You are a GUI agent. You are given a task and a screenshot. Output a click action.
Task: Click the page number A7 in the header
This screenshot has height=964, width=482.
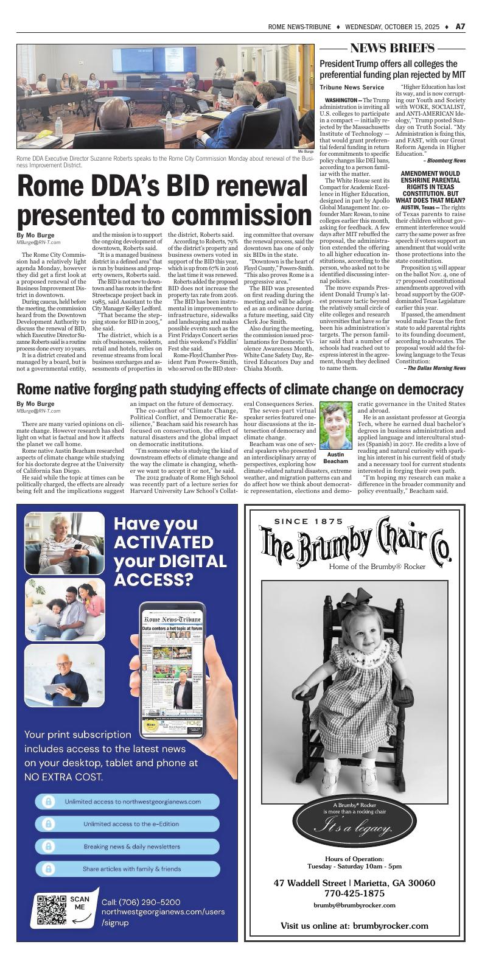(x=461, y=27)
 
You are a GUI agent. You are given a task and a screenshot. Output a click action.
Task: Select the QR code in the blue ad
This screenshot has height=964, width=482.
(x=52, y=910)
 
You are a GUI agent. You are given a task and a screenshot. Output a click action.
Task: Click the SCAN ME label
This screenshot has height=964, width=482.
(x=80, y=903)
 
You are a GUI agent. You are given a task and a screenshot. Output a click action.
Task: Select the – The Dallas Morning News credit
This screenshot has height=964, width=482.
(x=435, y=368)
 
